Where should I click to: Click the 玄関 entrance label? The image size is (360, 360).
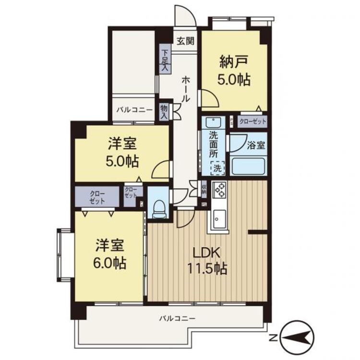point(184,41)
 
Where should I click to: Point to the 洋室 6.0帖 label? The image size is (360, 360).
point(110,254)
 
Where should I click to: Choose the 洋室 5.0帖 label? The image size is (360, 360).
point(122,152)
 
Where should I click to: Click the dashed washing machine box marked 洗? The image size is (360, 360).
point(217,168)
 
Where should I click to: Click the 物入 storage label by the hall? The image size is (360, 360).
point(164,112)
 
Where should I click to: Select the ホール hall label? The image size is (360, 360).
point(184,89)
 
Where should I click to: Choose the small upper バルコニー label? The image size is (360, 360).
point(134,110)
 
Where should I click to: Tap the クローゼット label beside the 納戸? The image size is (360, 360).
point(252,122)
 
